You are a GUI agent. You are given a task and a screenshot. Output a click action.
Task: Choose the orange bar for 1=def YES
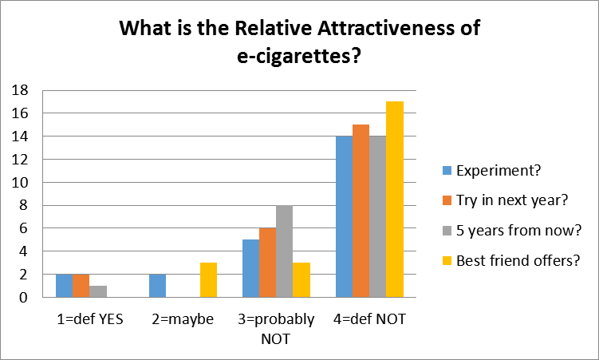(x=81, y=286)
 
